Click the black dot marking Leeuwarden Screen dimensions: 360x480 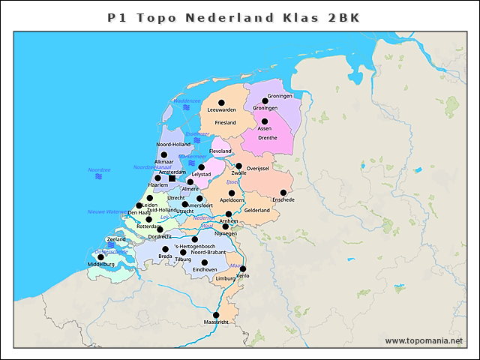click(x=221, y=103)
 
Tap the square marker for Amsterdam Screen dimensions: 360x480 click(x=172, y=178)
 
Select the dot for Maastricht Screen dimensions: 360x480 click(x=216, y=315)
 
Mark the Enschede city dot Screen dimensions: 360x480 click(x=283, y=193)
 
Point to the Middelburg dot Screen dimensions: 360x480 click(x=101, y=257)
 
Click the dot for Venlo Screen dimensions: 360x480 click(x=243, y=268)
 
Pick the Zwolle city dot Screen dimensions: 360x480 click(x=239, y=166)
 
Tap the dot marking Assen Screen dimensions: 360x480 click(x=264, y=121)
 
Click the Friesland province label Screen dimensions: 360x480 click(x=225, y=122)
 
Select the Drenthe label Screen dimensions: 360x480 click(x=267, y=138)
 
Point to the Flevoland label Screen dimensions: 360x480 click(x=220, y=151)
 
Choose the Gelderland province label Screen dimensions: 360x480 click(x=256, y=211)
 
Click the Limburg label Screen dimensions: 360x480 click(x=225, y=278)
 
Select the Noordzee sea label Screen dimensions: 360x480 click(x=99, y=170)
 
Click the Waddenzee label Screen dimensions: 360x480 click(x=187, y=100)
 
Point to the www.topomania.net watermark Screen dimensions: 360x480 click(x=424, y=341)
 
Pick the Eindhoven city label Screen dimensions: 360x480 click(x=205, y=269)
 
